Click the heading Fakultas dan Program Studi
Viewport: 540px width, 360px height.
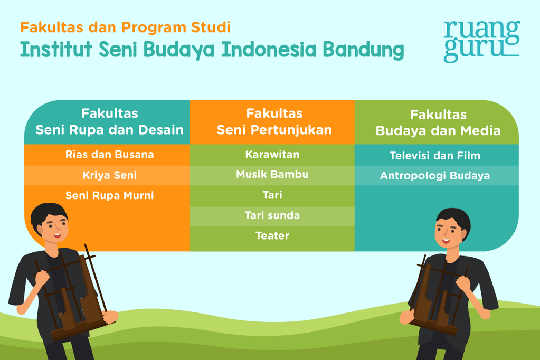click(x=125, y=26)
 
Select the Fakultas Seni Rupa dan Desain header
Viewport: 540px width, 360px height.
click(x=109, y=122)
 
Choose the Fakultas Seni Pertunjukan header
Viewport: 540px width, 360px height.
click(x=274, y=122)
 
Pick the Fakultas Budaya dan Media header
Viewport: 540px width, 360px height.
click(x=438, y=122)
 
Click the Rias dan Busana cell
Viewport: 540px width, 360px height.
click(x=109, y=155)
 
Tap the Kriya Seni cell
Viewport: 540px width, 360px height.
click(x=109, y=175)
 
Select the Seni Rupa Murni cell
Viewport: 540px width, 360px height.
click(x=109, y=195)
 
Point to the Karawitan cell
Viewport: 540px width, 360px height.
click(x=272, y=155)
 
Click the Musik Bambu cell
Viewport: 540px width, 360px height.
click(x=272, y=174)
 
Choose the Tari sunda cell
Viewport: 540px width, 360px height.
click(x=272, y=215)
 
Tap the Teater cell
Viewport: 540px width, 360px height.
click(x=272, y=235)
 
